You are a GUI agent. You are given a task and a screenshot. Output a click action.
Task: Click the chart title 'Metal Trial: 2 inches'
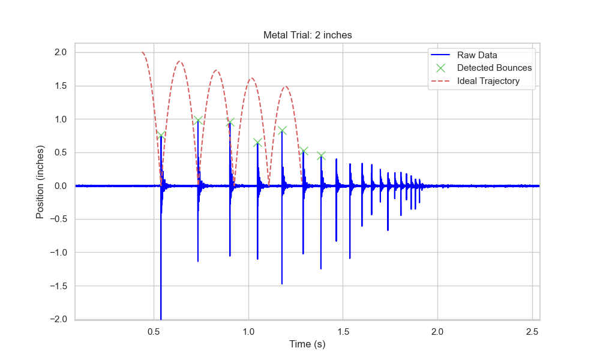(x=307, y=35)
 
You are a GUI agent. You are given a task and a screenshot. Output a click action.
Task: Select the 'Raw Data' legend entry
(x=477, y=55)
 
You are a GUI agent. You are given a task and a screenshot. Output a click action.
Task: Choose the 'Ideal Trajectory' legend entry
(x=488, y=81)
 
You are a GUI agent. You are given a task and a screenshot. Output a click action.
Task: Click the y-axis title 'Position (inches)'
(x=40, y=181)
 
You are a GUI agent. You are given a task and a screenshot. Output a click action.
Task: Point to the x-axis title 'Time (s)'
(x=307, y=344)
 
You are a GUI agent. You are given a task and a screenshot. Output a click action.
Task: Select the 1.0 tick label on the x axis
(x=248, y=331)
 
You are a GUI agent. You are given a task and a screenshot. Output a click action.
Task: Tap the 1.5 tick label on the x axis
(x=343, y=331)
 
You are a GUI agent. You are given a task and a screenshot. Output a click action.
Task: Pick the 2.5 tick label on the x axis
(x=532, y=331)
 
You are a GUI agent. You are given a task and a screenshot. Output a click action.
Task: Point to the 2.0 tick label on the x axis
(x=437, y=331)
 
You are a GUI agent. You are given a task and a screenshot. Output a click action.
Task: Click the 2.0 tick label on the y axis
(x=60, y=53)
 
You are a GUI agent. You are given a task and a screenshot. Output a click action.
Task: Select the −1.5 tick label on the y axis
(x=58, y=286)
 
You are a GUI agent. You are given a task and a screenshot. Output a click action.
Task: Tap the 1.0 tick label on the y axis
(x=60, y=119)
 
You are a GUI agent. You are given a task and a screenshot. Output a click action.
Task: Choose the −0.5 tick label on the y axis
(x=58, y=220)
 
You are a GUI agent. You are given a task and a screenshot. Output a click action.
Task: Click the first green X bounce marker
(x=161, y=135)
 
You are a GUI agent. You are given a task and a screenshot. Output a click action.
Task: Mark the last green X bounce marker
(x=321, y=156)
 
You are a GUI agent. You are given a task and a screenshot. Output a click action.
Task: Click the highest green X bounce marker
(x=197, y=120)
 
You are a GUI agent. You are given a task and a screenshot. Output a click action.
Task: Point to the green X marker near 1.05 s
(x=257, y=142)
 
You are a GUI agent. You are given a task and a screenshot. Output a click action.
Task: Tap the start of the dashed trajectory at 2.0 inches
(x=142, y=53)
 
